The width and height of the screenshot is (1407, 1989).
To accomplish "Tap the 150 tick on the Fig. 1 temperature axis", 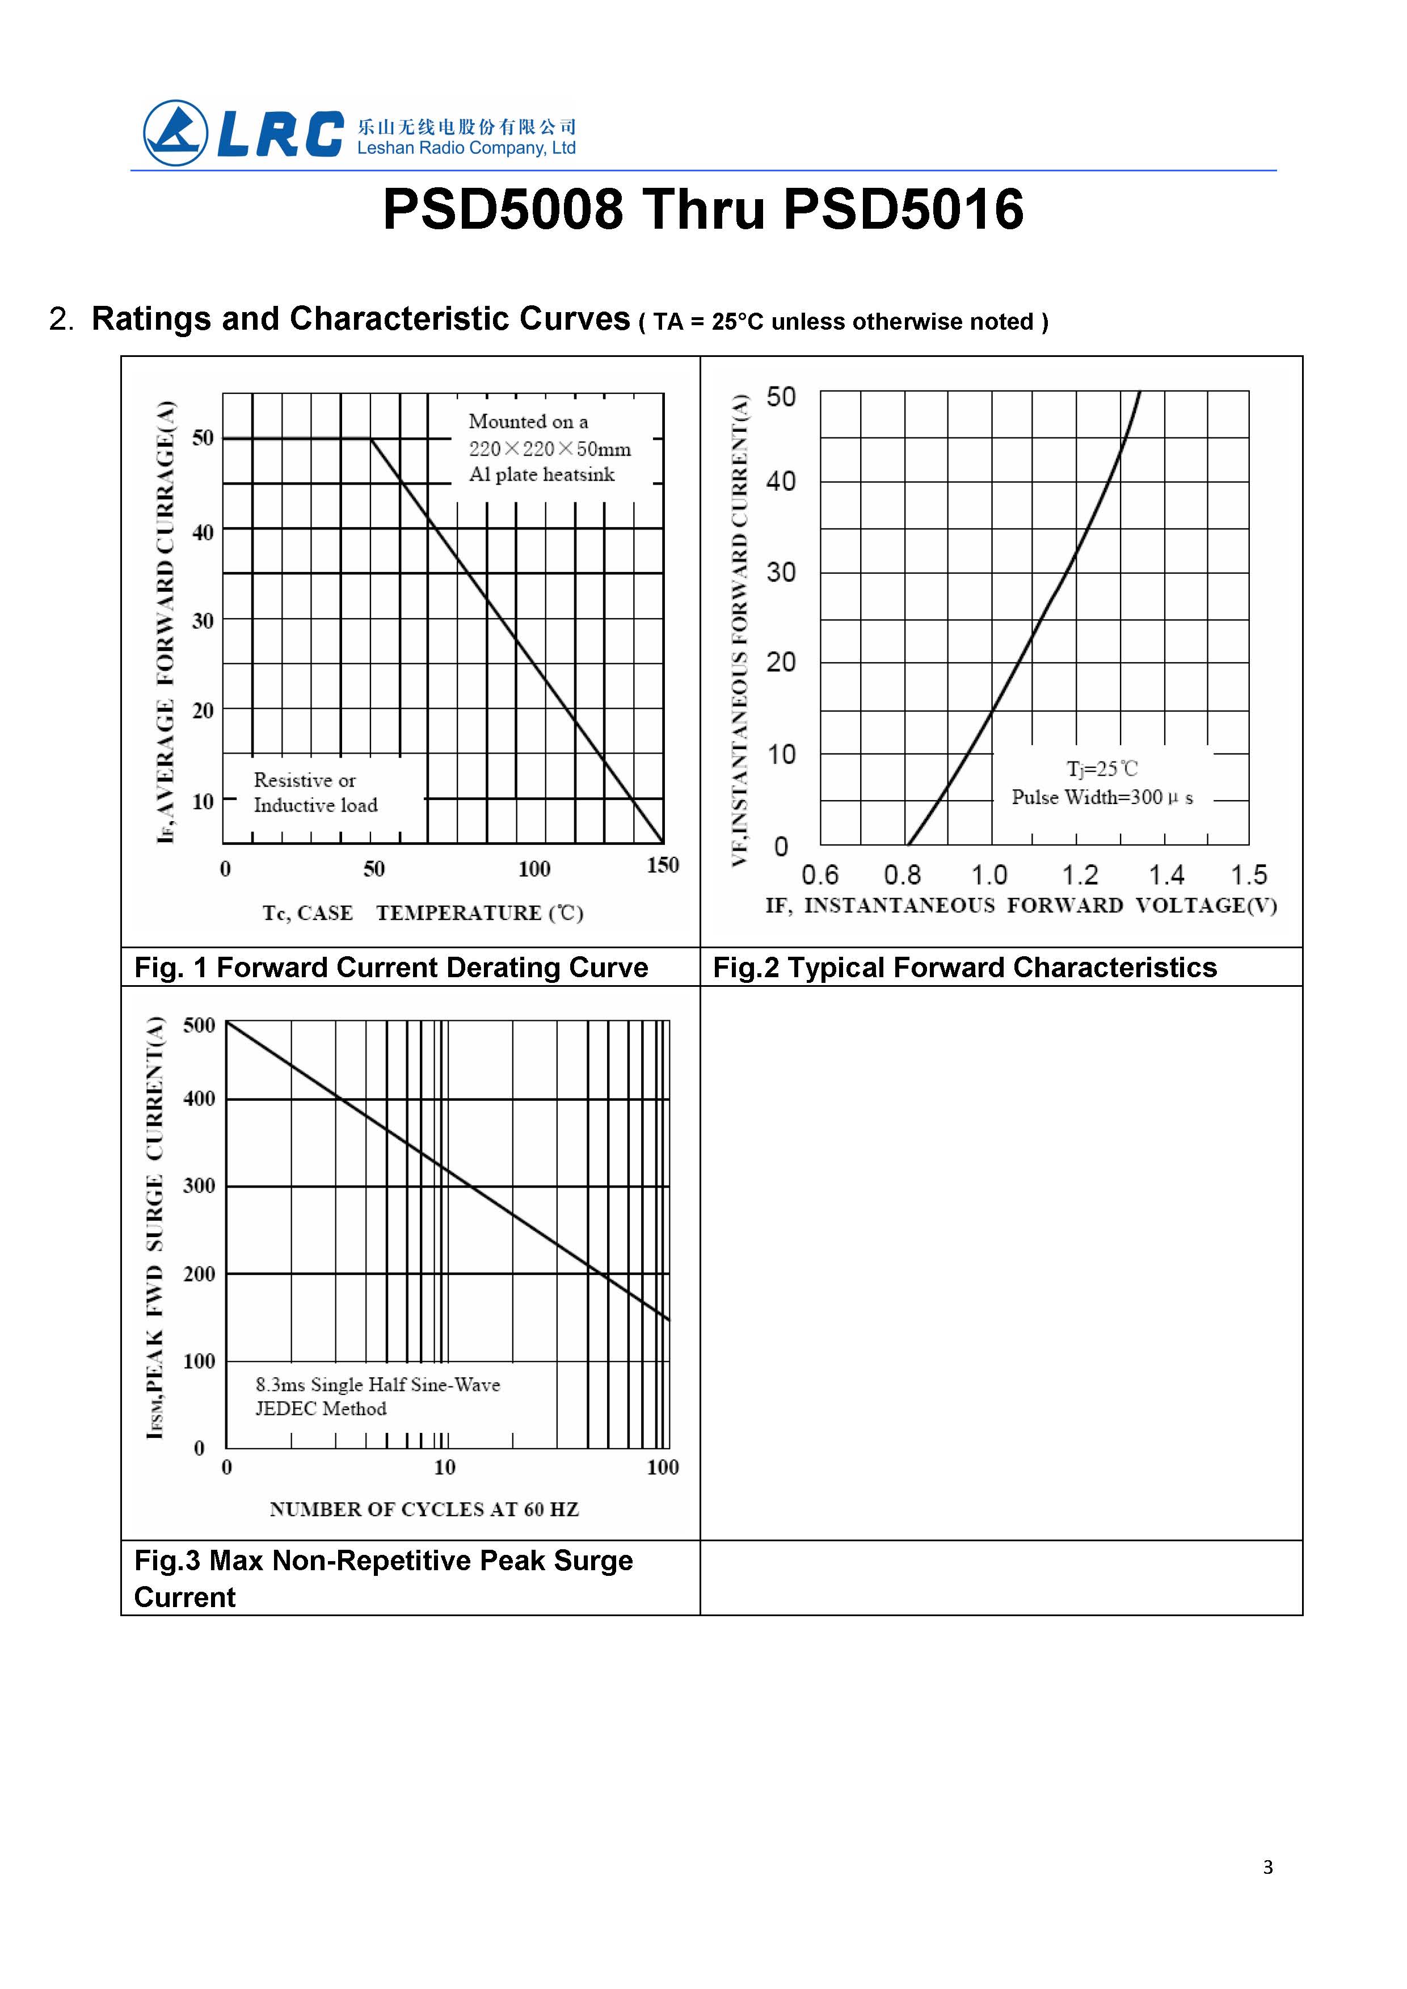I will (663, 865).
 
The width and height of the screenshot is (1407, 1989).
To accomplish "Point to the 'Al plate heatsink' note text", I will (541, 475).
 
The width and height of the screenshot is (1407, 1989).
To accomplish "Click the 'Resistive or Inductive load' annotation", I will (315, 793).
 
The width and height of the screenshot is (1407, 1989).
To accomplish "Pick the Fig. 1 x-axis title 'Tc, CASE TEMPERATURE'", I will (423, 912).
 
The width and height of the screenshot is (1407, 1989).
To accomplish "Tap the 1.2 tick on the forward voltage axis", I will (1080, 874).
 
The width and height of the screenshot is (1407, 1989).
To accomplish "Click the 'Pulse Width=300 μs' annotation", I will (1102, 797).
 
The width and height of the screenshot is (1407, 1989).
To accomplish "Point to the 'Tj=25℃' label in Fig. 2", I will (1101, 769).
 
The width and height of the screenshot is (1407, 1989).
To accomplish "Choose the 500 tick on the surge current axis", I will (199, 1025).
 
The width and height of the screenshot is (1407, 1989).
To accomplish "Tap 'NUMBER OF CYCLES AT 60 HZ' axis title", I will (424, 1509).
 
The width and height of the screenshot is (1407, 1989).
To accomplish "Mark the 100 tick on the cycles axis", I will (663, 1467).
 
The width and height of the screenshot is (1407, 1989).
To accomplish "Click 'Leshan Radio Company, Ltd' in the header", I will (466, 148).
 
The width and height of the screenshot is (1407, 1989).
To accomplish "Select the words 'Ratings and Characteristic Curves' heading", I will (360, 319).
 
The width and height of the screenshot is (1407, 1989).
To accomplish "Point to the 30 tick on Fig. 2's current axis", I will (781, 573).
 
